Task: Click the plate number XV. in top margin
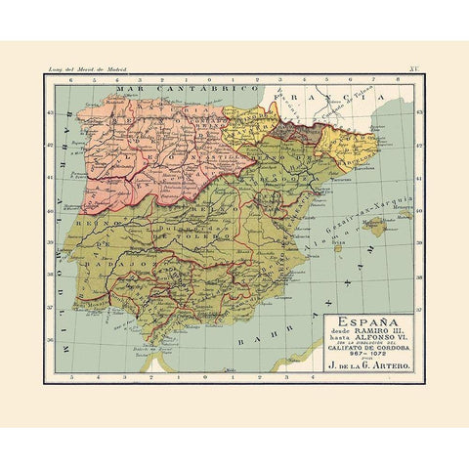(413, 69)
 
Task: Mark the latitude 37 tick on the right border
(417, 317)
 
